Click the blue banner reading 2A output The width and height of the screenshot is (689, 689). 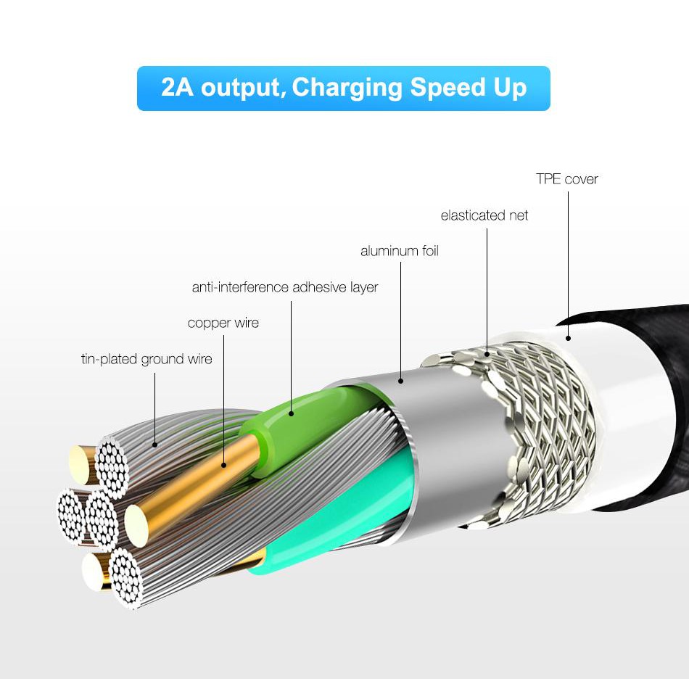click(x=343, y=88)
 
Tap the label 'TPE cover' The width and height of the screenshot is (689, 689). click(x=566, y=179)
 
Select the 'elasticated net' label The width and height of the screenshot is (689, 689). click(x=484, y=215)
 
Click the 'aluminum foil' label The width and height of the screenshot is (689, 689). click(x=400, y=252)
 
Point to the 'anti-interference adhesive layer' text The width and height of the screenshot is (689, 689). click(x=285, y=287)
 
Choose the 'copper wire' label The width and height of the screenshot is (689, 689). click(x=223, y=323)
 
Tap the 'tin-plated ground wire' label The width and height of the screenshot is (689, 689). click(x=147, y=359)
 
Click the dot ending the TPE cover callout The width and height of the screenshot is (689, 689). click(x=568, y=337)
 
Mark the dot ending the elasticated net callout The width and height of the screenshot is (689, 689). click(x=487, y=354)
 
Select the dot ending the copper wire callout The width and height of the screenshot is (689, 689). click(x=223, y=465)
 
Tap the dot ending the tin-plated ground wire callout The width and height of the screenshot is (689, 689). click(x=155, y=443)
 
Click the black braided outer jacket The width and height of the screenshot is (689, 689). click(x=656, y=406)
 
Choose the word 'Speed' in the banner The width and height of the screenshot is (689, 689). click(x=446, y=88)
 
